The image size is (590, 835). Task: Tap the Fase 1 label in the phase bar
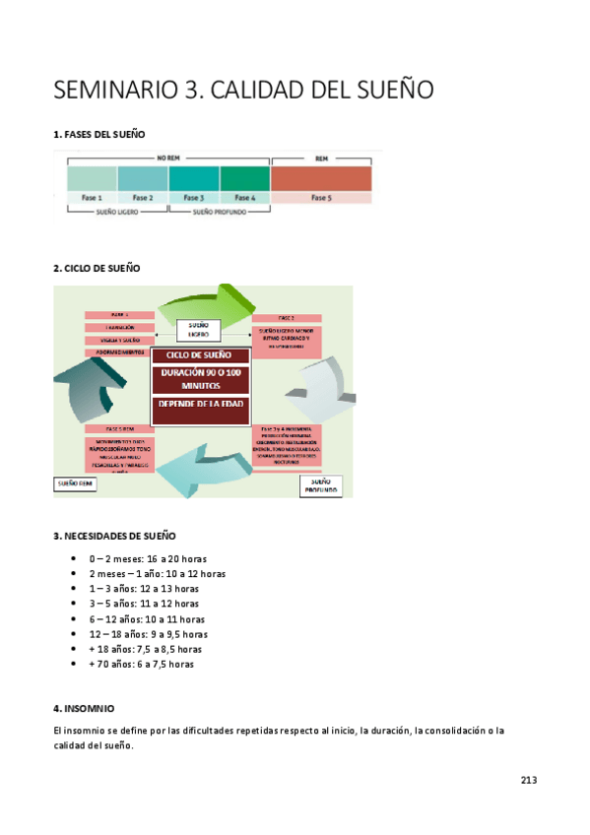pyautogui.click(x=92, y=197)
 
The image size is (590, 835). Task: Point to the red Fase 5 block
pyautogui.click(x=321, y=178)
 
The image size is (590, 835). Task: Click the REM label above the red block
pyautogui.click(x=321, y=158)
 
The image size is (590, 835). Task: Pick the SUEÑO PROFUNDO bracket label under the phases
pyautogui.click(x=220, y=212)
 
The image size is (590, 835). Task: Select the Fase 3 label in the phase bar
pyautogui.click(x=194, y=197)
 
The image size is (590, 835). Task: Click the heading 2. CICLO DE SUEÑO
pyautogui.click(x=97, y=268)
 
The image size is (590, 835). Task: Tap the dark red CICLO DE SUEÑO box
pyautogui.click(x=199, y=354)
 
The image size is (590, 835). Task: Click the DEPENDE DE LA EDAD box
pyautogui.click(x=199, y=406)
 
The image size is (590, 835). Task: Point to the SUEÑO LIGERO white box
pyautogui.click(x=198, y=329)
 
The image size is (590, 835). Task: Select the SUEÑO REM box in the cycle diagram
pyautogui.click(x=75, y=483)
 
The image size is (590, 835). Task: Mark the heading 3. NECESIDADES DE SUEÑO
pyautogui.click(x=114, y=537)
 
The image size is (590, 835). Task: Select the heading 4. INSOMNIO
pyautogui.click(x=84, y=708)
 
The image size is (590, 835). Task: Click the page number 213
pyautogui.click(x=529, y=780)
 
